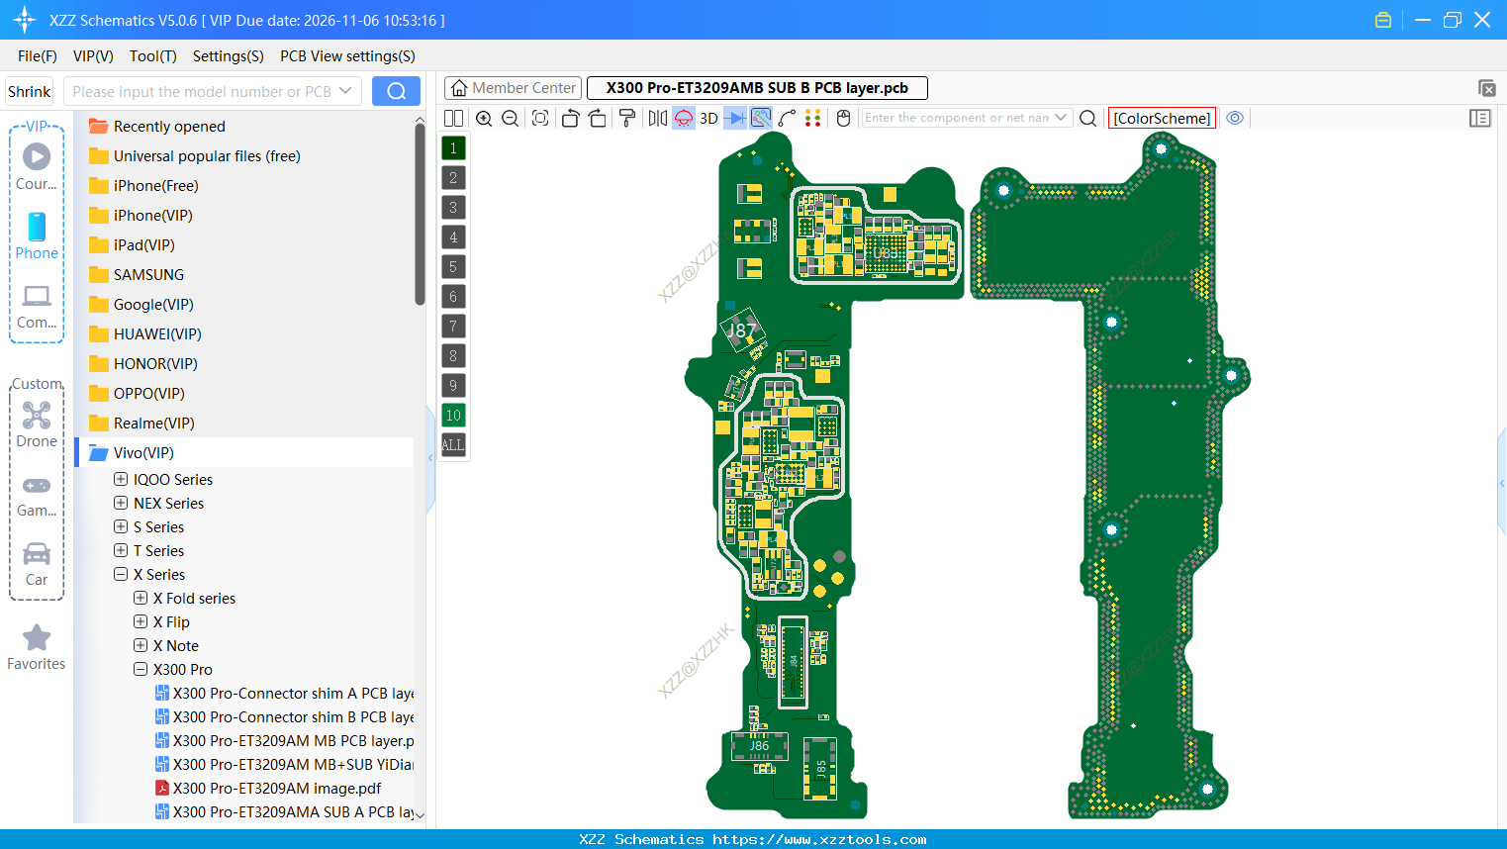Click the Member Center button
[513, 88]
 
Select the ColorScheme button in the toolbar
[1162, 118]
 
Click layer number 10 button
[453, 416]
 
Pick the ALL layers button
[453, 445]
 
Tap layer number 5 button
[453, 267]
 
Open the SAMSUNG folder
[148, 275]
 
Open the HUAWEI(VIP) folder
[156, 334]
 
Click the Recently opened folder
[168, 127]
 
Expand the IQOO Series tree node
[121, 480]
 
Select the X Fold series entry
[200, 599]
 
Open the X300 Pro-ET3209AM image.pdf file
[276, 789]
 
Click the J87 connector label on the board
[742, 330]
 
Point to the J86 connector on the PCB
[759, 746]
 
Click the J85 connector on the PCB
[820, 768]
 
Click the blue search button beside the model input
[396, 91]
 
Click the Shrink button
[30, 91]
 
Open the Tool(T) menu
[152, 56]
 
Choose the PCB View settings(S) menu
[347, 56]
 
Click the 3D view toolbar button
[708, 118]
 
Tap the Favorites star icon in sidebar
[37, 638]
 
